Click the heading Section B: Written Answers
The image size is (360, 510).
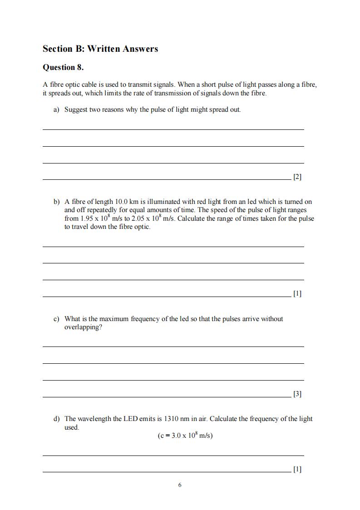click(x=100, y=49)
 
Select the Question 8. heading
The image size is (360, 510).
click(x=63, y=68)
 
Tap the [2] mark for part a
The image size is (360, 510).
click(x=297, y=177)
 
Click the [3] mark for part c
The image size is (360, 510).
click(x=297, y=394)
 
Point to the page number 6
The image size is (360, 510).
click(x=180, y=485)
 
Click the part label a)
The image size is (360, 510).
click(x=57, y=109)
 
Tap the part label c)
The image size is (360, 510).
click(x=57, y=319)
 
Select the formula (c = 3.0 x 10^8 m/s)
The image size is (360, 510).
click(x=185, y=436)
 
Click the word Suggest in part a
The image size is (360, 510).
click(x=76, y=109)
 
